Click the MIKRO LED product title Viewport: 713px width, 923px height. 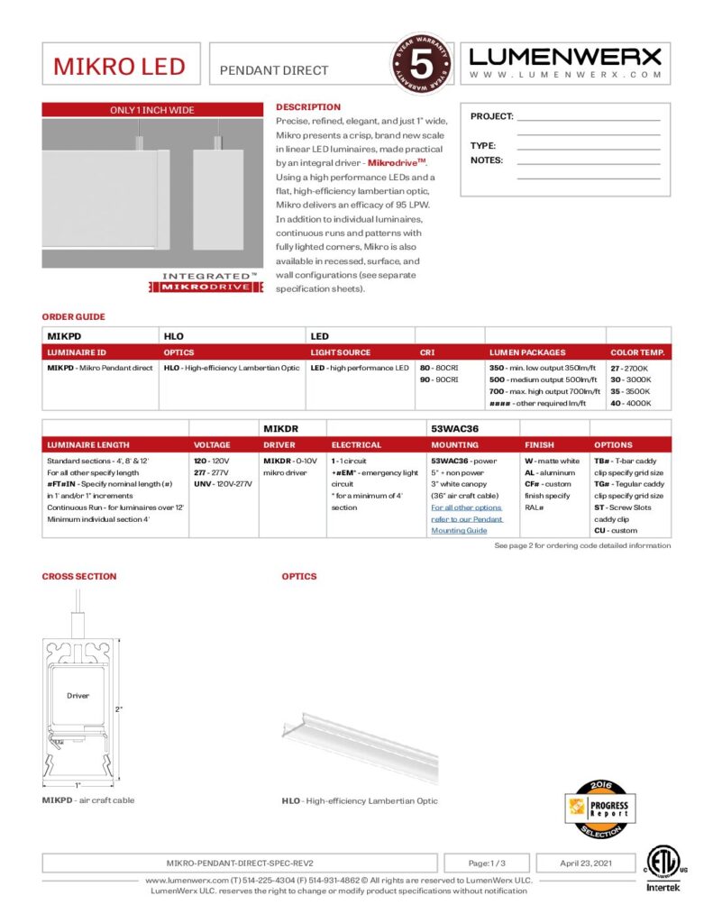[119, 67]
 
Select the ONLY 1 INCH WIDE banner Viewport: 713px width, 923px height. [152, 110]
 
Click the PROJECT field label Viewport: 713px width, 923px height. [491, 116]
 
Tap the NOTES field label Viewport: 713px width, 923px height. [487, 160]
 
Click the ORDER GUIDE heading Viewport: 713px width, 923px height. [73, 317]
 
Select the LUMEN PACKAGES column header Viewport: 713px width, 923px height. [527, 352]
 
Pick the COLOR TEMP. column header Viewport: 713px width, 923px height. [637, 352]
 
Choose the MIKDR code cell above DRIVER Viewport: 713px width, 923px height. [281, 429]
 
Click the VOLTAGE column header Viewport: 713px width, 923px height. [212, 444]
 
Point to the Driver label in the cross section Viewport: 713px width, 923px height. [78, 696]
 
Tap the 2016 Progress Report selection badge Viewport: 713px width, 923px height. [596, 807]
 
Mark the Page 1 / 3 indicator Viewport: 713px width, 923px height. [487, 863]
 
